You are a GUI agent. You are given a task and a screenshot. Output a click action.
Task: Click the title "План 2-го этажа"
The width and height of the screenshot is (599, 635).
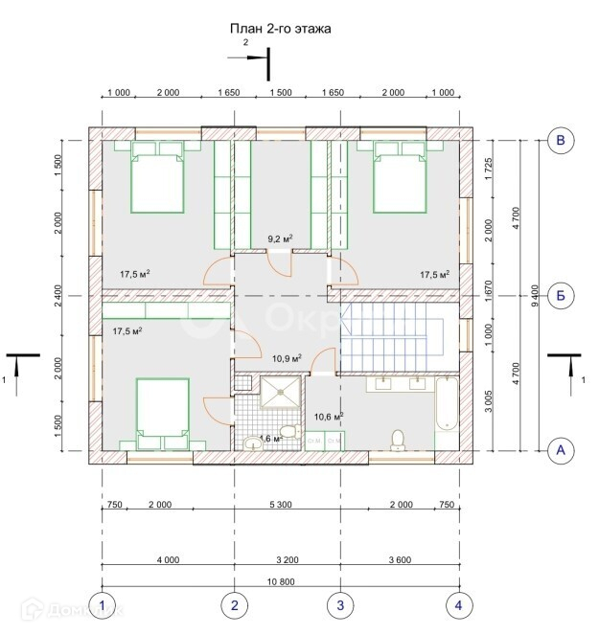[x=281, y=30]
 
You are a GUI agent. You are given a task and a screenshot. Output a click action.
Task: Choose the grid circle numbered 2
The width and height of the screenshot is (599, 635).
[x=234, y=604]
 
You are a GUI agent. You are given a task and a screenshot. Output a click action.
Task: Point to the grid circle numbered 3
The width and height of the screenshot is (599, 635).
[x=339, y=604]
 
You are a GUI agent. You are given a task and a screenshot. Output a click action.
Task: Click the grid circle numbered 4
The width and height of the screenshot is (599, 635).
[x=458, y=604]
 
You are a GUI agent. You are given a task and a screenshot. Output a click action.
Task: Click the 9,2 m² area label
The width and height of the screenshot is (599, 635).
[x=279, y=238]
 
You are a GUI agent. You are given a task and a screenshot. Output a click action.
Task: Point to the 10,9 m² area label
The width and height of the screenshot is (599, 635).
[x=288, y=358]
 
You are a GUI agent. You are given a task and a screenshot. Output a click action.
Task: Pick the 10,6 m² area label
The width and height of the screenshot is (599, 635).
[x=328, y=416]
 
